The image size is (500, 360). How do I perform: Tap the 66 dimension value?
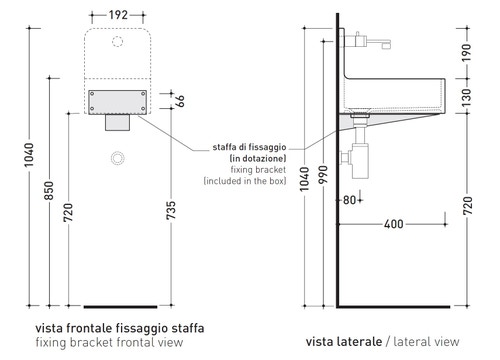pyautogui.click(x=181, y=100)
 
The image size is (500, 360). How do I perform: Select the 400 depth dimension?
pyautogui.click(x=393, y=224)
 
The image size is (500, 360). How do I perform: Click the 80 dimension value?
pyautogui.click(x=350, y=200)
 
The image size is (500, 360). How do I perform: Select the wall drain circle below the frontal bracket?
pyautogui.click(x=120, y=157)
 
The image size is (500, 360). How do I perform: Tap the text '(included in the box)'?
pyautogui.click(x=244, y=183)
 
